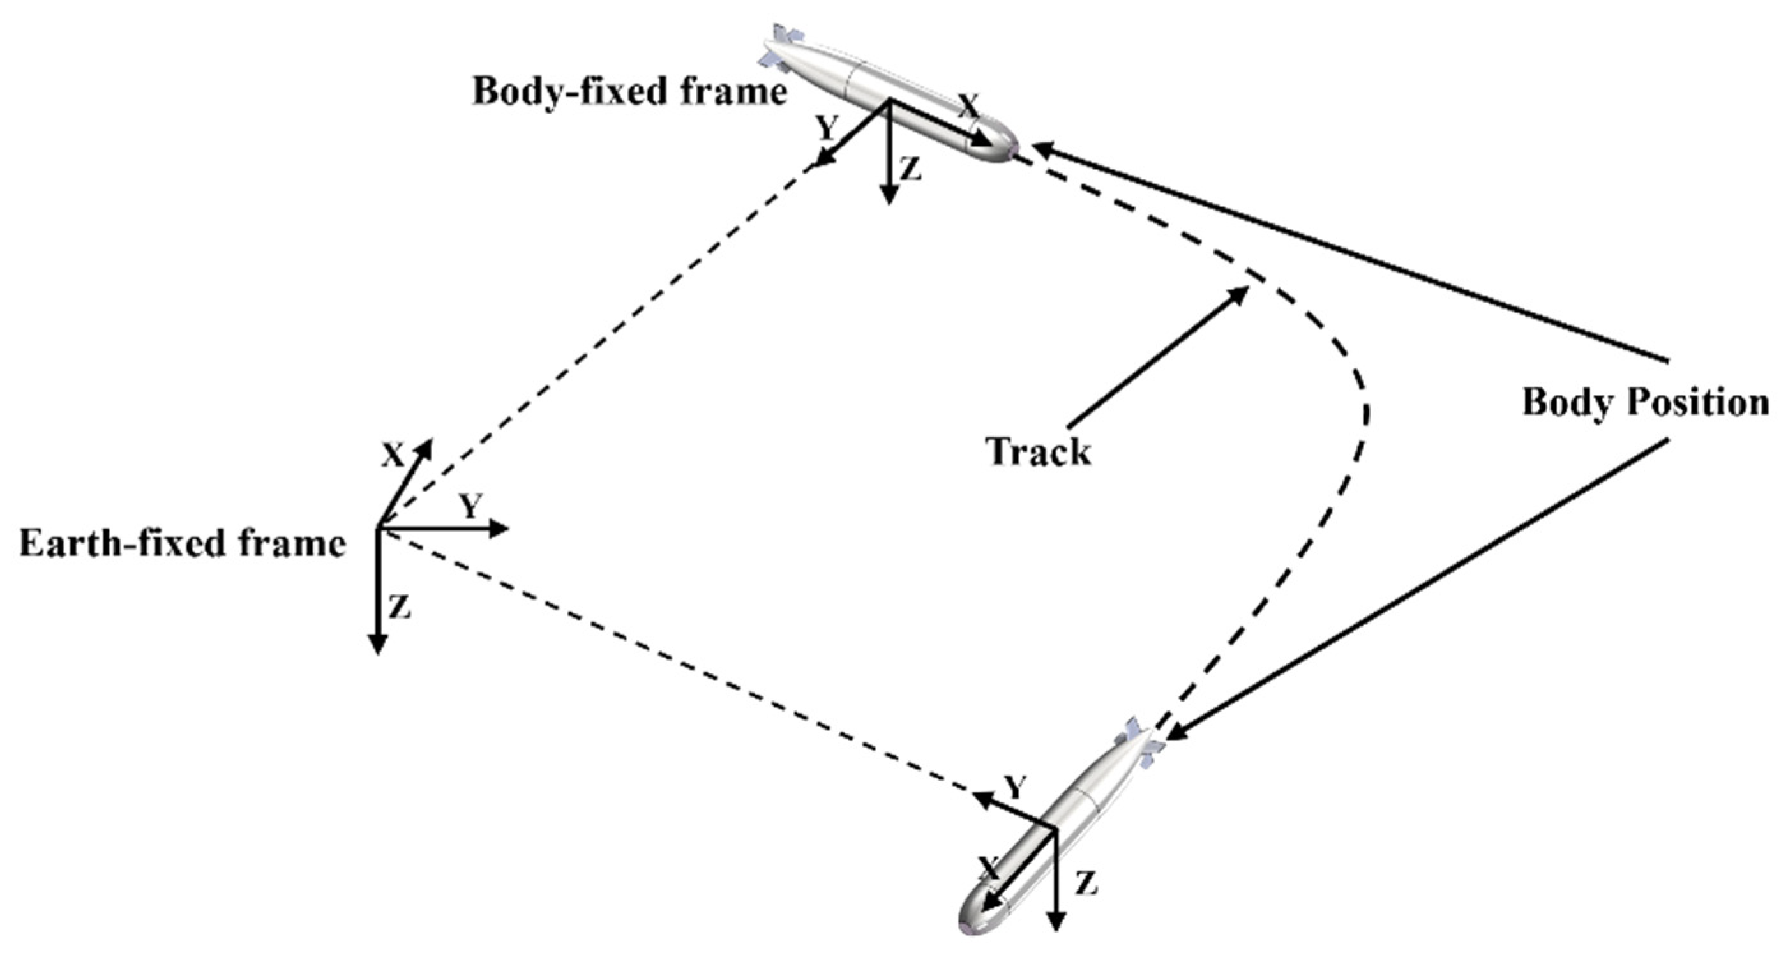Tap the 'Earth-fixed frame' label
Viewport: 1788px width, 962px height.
tap(183, 543)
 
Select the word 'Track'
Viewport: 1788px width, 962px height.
tap(1038, 451)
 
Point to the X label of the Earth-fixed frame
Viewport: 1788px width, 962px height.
tap(393, 456)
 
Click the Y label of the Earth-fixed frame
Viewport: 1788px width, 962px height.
tap(471, 507)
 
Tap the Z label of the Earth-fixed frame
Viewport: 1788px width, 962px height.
tap(400, 607)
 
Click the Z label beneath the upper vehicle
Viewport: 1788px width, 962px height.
tap(910, 169)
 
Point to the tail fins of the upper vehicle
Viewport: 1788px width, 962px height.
tap(781, 49)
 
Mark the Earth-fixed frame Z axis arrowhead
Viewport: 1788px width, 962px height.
tap(377, 645)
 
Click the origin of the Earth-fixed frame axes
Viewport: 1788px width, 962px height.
tap(378, 529)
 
